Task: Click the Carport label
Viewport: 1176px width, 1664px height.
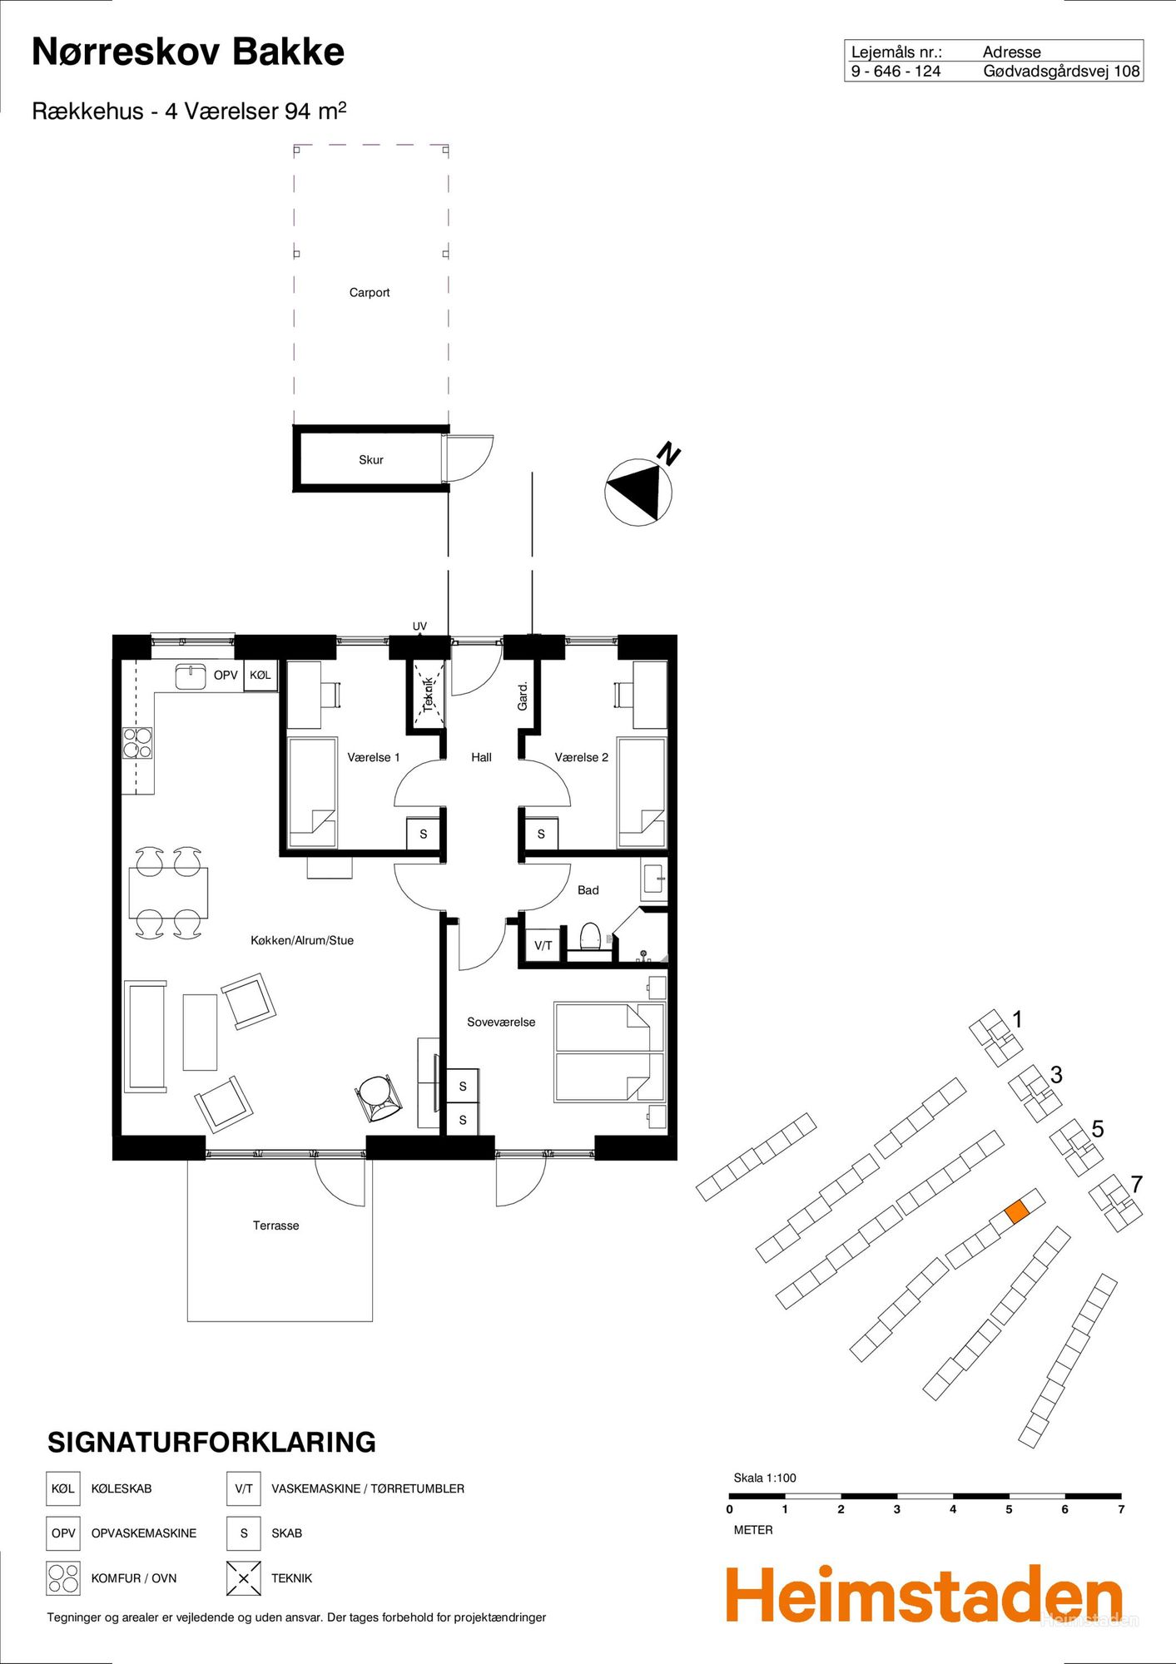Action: [x=370, y=293]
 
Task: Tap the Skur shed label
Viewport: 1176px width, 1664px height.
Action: [x=371, y=460]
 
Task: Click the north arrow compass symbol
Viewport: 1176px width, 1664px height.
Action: [x=638, y=492]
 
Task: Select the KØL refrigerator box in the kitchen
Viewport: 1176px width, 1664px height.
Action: [x=261, y=676]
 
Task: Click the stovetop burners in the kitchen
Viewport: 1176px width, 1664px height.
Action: [x=138, y=743]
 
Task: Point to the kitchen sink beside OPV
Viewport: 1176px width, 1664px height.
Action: [x=191, y=676]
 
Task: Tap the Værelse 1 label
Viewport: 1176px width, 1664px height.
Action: [x=374, y=758]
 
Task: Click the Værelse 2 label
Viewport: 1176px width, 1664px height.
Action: [x=582, y=758]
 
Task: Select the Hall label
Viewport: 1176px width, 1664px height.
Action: [x=481, y=758]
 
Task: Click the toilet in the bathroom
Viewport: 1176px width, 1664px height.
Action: [x=590, y=937]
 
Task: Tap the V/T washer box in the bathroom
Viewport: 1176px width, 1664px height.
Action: [x=543, y=945]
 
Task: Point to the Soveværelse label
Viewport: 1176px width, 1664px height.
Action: [x=501, y=1023]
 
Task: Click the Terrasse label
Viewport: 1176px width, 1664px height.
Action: [x=276, y=1226]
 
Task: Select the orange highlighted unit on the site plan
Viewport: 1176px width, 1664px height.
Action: [x=1017, y=1211]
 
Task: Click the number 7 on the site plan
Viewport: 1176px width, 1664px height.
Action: [x=1137, y=1184]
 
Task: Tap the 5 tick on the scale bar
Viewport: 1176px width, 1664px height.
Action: [x=1009, y=1509]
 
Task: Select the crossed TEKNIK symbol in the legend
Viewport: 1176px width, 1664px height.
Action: [x=244, y=1578]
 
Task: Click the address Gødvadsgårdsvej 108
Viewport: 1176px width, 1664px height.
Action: [x=1061, y=72]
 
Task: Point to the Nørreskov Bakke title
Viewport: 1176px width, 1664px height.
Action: [x=188, y=52]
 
